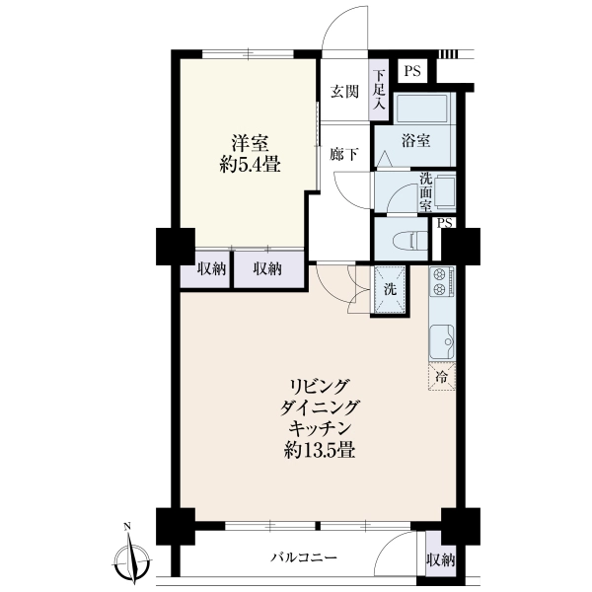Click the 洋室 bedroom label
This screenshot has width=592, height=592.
[x=251, y=143]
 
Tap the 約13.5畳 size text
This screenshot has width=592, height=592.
[x=319, y=450]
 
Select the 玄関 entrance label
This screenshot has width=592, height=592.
[x=344, y=92]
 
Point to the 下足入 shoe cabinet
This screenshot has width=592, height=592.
[x=379, y=90]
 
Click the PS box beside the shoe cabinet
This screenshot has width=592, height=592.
[x=412, y=71]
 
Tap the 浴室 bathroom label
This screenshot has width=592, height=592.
[x=415, y=141]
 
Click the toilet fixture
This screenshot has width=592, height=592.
[x=410, y=240]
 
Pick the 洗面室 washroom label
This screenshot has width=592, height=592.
[x=426, y=192]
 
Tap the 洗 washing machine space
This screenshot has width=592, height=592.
[x=390, y=289]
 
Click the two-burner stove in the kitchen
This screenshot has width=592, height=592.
[x=442, y=281]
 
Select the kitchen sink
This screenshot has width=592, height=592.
[x=442, y=341]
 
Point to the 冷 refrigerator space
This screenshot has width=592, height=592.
[x=442, y=377]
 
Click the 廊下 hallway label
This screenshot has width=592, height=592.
[x=344, y=154]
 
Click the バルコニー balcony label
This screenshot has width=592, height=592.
[x=304, y=556]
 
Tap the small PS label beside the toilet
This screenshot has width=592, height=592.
[x=444, y=223]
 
